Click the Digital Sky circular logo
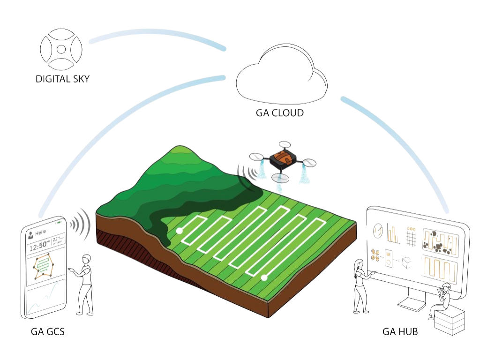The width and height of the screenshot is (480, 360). pos(61,48)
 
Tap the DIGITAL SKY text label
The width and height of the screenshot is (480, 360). pos(63,78)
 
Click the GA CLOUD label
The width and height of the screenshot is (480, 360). pos(280,112)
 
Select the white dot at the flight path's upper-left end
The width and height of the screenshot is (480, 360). pos(179,231)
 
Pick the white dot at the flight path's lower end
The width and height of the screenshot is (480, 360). pos(264,277)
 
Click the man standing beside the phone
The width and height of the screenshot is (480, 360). pos(85,284)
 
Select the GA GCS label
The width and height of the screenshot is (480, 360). pos(47,332)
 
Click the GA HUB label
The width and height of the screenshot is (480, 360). pos(400,332)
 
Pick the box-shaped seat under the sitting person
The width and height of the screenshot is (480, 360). pos(450,322)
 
